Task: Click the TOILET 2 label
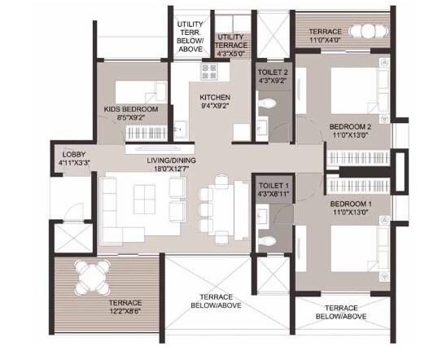(269, 71)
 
